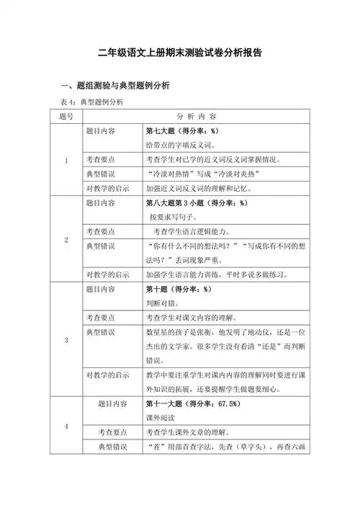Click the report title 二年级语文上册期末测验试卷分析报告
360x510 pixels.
(180, 53)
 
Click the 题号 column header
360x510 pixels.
(67, 117)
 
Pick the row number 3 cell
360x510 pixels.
(67, 339)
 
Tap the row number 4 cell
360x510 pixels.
(67, 426)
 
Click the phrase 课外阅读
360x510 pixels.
(162, 417)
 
